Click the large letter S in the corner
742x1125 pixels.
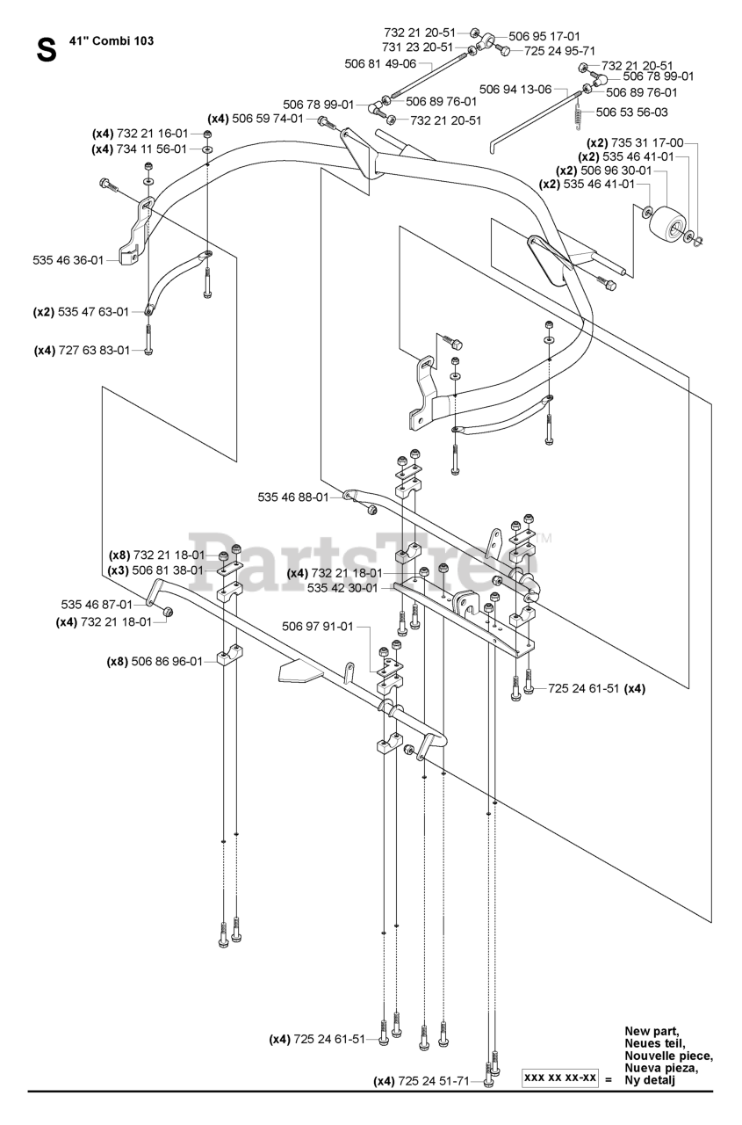(x=47, y=50)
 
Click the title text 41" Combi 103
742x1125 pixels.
(x=112, y=40)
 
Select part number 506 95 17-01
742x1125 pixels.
(x=544, y=36)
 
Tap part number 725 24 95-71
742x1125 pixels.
(x=560, y=51)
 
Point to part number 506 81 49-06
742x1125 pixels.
(x=380, y=63)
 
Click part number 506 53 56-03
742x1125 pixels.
(x=631, y=112)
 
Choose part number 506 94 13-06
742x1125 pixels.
(x=515, y=89)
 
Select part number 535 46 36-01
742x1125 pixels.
(x=68, y=260)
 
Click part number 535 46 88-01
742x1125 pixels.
(x=293, y=497)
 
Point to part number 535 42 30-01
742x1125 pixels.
(x=342, y=588)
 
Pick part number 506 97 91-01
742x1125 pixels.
(x=318, y=627)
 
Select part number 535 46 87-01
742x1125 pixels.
(x=97, y=604)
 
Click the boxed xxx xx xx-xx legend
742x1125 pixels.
(x=560, y=1078)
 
